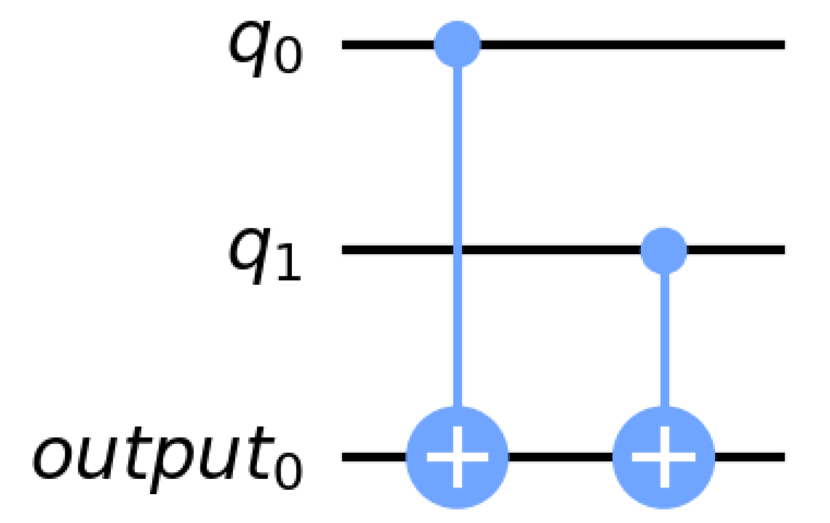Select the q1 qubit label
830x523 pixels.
tap(265, 255)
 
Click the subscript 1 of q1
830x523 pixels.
tap(288, 265)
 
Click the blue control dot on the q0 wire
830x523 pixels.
tap(457, 45)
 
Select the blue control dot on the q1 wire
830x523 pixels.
tap(664, 251)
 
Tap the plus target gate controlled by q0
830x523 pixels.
tap(457, 457)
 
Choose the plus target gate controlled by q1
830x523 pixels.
tap(664, 457)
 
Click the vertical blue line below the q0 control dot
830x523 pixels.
tap(457, 147)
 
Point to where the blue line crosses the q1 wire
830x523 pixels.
tap(457, 251)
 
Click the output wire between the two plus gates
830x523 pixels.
tap(560, 457)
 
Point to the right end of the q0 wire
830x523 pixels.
tap(782, 45)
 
